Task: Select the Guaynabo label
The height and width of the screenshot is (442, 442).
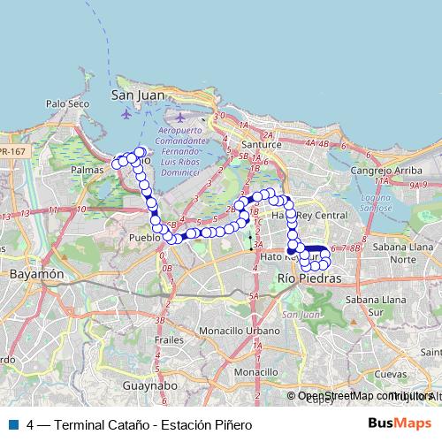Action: click(x=150, y=386)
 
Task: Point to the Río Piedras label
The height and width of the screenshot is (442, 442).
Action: click(x=309, y=278)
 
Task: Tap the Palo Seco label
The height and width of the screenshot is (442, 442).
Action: click(x=68, y=103)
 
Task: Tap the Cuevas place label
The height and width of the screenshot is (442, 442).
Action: click(x=392, y=374)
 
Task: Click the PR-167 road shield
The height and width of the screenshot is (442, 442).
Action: click(x=12, y=151)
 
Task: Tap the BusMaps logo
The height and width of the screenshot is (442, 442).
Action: click(x=400, y=423)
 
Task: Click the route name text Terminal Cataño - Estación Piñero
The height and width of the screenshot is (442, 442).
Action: click(x=153, y=424)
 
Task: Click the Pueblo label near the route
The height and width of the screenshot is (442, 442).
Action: click(x=144, y=239)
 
